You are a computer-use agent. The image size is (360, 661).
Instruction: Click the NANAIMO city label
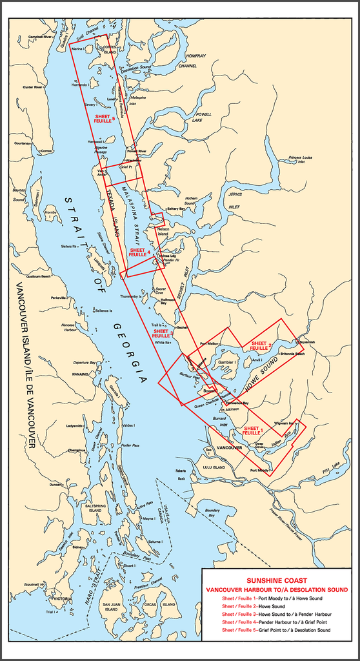pyautogui.click(x=80, y=374)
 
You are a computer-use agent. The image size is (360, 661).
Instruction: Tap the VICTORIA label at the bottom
pyautogui.click(x=62, y=599)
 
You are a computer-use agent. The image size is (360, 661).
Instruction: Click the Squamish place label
pyautogui.click(x=307, y=342)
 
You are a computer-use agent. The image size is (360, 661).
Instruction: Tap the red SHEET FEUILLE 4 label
pyautogui.click(x=139, y=252)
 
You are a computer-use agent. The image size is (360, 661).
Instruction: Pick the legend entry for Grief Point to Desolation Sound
pyautogui.click(x=275, y=629)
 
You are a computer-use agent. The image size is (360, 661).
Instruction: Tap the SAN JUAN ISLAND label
pyautogui.click(x=111, y=607)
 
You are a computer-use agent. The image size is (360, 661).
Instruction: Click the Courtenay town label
pyautogui.click(x=23, y=143)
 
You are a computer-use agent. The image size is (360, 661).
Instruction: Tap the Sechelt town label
pyautogui.click(x=183, y=328)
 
